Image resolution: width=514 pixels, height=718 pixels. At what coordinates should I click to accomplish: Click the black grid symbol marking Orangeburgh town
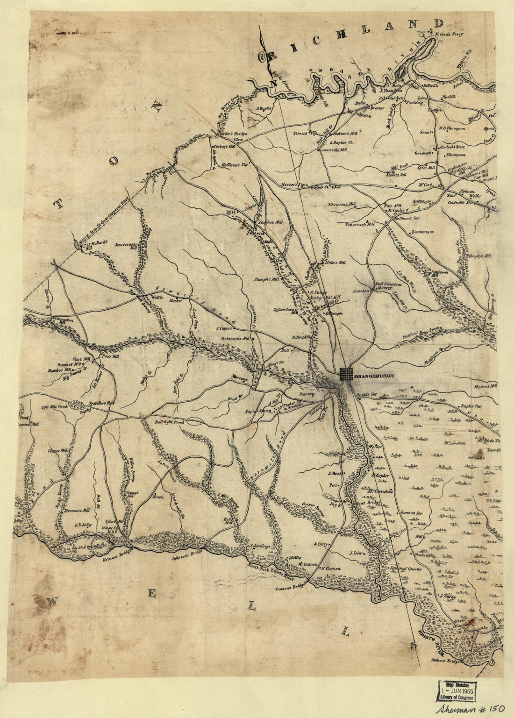346,374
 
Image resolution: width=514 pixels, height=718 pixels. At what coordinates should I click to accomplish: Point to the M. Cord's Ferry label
447,35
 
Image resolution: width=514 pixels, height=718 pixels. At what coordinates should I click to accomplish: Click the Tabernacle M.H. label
360,225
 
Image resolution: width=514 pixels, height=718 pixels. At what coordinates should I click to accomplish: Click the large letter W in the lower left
50,601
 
